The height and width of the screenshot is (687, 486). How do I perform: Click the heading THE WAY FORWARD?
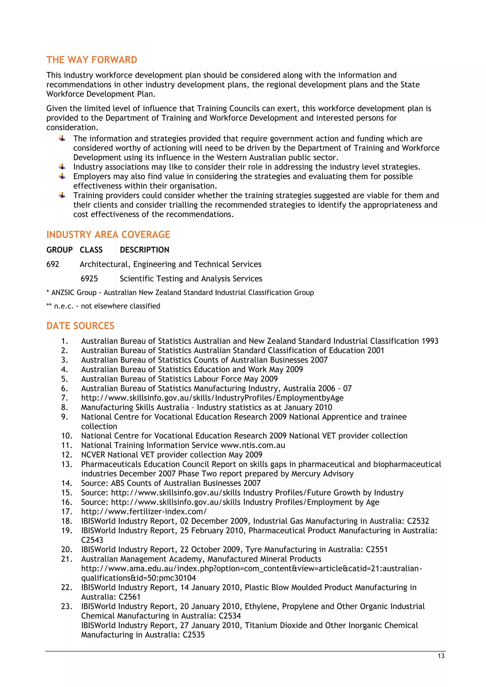tap(92, 60)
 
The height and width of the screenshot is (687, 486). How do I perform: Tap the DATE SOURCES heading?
tap(80, 326)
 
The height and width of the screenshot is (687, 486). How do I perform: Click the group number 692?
tap(53, 264)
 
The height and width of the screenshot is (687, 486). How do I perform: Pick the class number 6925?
tap(89, 279)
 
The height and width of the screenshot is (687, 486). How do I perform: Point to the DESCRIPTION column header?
tap(144, 250)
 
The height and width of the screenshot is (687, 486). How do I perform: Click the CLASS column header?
tap(91, 250)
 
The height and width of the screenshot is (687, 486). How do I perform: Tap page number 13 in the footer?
tap(441, 656)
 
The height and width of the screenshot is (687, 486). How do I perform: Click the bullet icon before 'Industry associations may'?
tap(62, 167)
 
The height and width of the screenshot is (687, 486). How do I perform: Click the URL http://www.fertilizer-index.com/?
tap(144, 511)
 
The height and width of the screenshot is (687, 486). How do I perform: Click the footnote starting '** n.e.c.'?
tap(103, 306)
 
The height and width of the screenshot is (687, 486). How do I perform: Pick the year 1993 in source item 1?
tap(430, 341)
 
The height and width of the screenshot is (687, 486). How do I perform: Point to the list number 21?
tap(66, 559)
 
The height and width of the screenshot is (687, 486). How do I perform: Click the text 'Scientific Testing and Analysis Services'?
tap(191, 279)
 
